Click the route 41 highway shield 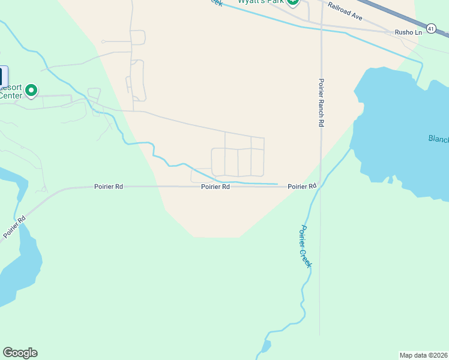[430, 28]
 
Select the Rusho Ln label [408, 32]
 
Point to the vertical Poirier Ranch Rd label [322, 102]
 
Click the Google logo [20, 353]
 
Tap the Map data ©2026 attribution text [423, 355]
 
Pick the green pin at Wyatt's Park [292, 2]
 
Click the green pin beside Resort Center [31, 91]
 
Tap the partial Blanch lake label [438, 139]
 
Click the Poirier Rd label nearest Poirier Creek [301, 187]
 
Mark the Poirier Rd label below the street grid [215, 187]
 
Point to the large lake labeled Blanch [402, 132]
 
